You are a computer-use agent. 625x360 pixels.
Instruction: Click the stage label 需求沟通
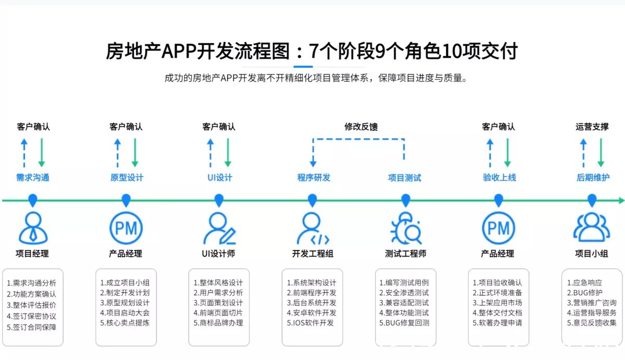tap(32, 178)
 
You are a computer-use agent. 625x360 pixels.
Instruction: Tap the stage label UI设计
tap(219, 178)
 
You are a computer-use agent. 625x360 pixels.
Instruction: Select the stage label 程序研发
tap(314, 178)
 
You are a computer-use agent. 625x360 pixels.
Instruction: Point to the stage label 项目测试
tap(405, 178)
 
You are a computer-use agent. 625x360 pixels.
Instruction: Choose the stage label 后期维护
tap(593, 178)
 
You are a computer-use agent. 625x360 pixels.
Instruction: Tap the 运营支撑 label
tap(592, 127)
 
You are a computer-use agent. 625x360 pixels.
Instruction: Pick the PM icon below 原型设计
tap(126, 228)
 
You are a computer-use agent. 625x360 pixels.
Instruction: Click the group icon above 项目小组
tap(592, 228)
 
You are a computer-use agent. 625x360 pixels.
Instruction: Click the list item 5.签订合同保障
tap(32, 327)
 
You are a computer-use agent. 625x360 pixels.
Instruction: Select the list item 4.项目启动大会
tap(125, 313)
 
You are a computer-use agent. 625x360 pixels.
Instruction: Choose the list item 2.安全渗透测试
tap(404, 293)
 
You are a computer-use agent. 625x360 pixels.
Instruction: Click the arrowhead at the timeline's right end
tap(620, 200)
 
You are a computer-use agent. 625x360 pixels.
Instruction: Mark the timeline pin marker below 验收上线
tap(498, 200)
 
